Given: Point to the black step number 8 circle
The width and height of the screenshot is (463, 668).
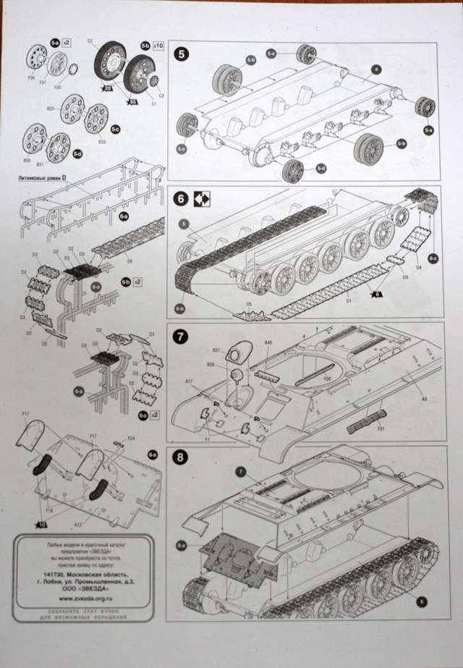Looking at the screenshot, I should tap(180, 460).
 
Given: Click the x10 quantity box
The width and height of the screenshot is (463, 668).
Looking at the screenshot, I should tap(158, 45).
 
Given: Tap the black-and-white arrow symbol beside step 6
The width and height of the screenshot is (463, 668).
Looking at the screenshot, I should tap(200, 199).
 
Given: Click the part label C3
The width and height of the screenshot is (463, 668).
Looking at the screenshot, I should tap(161, 96).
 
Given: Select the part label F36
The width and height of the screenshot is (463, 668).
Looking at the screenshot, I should tap(31, 77).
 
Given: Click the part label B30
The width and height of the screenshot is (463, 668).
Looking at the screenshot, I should tap(27, 160).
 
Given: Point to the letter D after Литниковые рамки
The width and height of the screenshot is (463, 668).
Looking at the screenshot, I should tap(63, 176).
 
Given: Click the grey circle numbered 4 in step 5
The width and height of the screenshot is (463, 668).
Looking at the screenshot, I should tap(377, 69).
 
